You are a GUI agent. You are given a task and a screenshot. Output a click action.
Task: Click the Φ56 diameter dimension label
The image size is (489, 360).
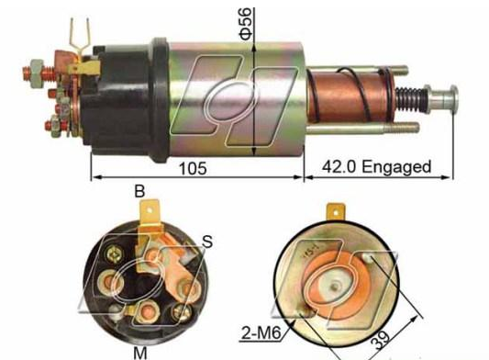pos(246,24)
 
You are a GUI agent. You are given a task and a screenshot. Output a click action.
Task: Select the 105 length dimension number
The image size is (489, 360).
pos(193,169)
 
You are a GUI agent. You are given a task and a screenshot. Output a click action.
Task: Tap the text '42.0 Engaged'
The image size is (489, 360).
pos(377,167)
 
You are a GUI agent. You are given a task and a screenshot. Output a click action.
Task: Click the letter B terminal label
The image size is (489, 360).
pos(139,191)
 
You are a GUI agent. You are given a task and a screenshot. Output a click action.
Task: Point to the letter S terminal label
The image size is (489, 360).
pos(207,242)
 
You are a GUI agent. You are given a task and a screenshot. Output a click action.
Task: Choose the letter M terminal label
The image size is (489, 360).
pos(140,353)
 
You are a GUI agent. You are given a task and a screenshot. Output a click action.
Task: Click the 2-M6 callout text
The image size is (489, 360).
pos(261,333)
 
